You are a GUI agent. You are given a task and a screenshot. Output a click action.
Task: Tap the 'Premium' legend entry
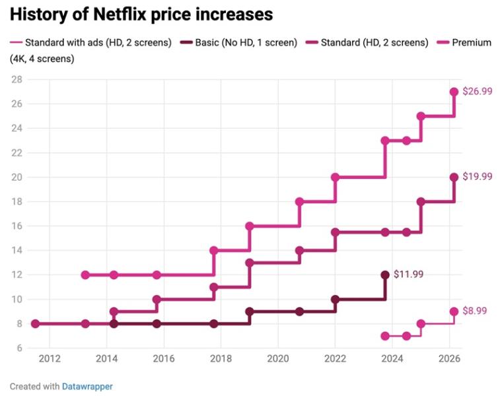click(471, 43)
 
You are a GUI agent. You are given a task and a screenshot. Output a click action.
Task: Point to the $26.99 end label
click(477, 92)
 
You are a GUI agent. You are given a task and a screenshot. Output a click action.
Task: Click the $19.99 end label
click(477, 177)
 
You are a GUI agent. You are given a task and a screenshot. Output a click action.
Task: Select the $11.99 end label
click(408, 274)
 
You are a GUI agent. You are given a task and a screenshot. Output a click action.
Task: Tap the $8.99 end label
click(474, 311)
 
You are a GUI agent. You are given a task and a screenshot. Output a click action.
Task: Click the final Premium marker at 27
click(454, 92)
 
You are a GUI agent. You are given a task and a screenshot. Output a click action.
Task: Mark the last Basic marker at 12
click(385, 275)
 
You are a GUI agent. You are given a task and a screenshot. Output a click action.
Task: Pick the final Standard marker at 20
click(454, 178)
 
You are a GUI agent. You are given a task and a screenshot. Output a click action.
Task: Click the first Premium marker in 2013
click(85, 275)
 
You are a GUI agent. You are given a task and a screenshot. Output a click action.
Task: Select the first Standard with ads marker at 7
click(385, 336)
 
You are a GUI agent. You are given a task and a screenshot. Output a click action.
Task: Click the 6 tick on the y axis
click(19, 348)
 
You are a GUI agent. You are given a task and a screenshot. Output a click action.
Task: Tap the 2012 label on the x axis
click(50, 359)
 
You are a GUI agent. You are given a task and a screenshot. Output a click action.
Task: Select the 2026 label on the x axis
click(448, 359)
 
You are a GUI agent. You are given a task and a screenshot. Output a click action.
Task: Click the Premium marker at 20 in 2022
click(335, 178)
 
